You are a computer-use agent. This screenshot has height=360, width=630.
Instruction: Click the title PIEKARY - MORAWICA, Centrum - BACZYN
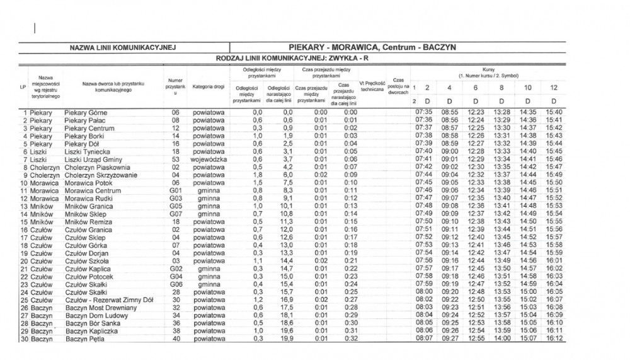pos(372,47)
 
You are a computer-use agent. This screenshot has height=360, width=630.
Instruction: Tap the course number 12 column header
pos(553,87)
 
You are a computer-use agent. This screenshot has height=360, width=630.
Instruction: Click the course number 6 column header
pos(476,87)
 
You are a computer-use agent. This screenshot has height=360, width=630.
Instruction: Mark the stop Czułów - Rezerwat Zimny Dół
pos(109,300)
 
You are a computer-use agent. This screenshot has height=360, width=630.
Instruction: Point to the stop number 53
pos(176,160)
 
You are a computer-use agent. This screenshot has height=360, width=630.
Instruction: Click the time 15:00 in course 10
pos(527,293)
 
